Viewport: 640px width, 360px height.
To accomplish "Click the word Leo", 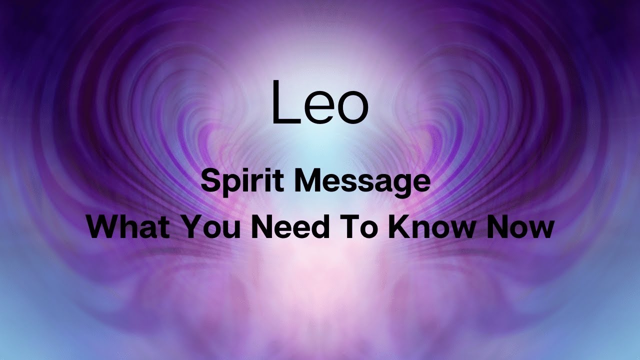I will click(319, 102).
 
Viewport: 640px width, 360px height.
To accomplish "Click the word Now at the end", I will click(522, 227).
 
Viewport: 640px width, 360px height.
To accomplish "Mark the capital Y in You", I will click(189, 227).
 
